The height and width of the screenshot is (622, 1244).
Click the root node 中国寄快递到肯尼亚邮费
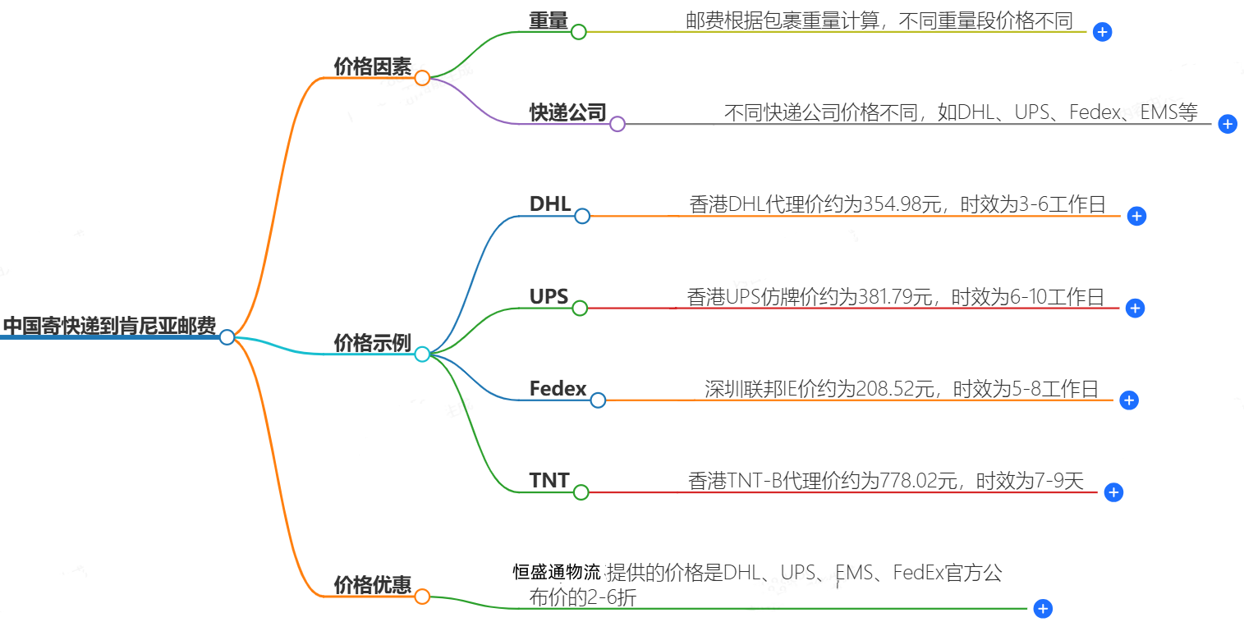tap(109, 327)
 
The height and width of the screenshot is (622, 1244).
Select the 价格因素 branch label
tap(372, 67)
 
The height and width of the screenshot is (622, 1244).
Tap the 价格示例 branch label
tap(372, 343)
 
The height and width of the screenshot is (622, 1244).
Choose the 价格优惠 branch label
tap(372, 585)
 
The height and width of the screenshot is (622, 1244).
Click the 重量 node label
tap(548, 21)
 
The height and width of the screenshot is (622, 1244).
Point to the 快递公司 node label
tap(567, 113)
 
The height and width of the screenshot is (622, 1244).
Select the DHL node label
tap(550, 204)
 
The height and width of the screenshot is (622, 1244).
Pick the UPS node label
tap(549, 297)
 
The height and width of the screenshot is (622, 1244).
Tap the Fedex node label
tap(558, 389)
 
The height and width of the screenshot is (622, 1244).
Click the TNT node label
tap(549, 481)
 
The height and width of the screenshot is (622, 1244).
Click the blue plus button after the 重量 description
tap(1103, 33)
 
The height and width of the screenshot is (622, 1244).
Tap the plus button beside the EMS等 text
tap(1228, 124)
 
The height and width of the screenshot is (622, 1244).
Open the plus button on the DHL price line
tap(1136, 216)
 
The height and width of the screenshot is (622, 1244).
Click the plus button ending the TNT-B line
tap(1113, 492)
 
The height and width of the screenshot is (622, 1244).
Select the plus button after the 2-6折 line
tap(1043, 609)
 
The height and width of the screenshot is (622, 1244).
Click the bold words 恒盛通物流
tap(557, 572)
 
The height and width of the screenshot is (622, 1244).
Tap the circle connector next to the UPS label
tap(580, 309)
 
